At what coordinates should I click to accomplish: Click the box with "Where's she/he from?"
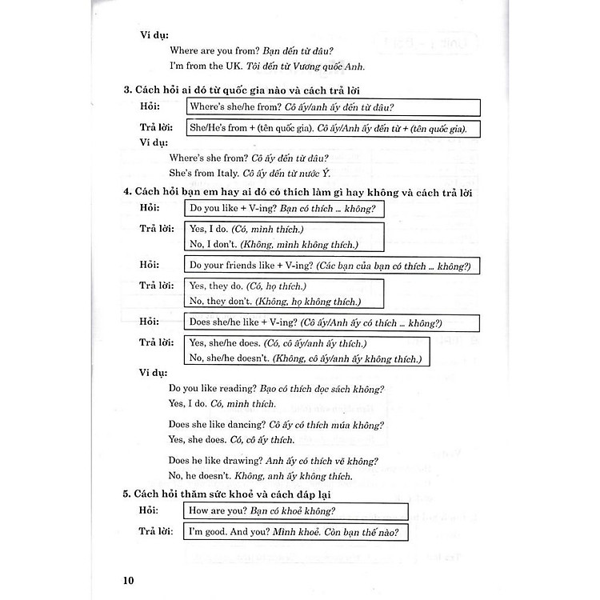tap(333, 107)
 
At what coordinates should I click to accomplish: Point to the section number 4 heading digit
tap(127, 193)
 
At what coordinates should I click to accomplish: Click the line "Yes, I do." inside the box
tap(206, 229)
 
